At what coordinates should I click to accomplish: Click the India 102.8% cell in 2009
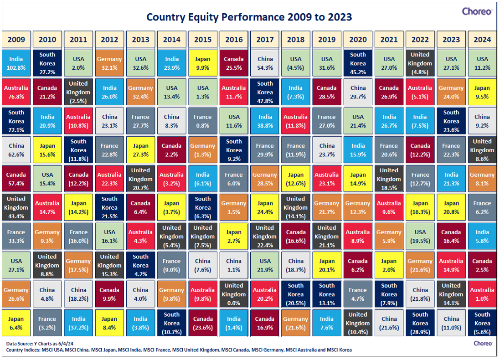[x=16, y=63]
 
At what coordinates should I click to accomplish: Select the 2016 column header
[x=234, y=40]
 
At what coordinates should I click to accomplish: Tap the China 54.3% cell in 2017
[x=265, y=63]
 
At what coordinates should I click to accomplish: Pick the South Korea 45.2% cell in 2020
[x=358, y=63]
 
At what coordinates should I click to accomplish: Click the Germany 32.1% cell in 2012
[x=109, y=63]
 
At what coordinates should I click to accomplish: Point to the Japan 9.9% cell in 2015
[x=202, y=63]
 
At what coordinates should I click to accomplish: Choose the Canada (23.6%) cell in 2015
[x=202, y=323]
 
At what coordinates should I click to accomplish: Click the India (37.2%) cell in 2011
[x=78, y=323]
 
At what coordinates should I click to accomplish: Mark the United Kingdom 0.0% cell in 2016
[x=234, y=294]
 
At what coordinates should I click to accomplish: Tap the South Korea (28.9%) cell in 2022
[x=420, y=323]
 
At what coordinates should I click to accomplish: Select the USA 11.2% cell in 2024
[x=482, y=63]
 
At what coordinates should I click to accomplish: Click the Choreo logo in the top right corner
[x=477, y=11]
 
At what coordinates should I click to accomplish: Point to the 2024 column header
[x=482, y=40]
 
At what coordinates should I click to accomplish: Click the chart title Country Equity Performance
[x=249, y=17]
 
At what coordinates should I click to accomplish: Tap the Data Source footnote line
[x=40, y=344]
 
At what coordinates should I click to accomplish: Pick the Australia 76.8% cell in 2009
[x=16, y=92]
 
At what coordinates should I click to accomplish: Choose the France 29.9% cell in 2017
[x=265, y=150]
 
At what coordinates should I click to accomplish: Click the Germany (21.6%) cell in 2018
[x=296, y=323]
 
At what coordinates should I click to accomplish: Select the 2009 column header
[x=16, y=40]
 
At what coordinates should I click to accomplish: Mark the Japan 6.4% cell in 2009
[x=16, y=323]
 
